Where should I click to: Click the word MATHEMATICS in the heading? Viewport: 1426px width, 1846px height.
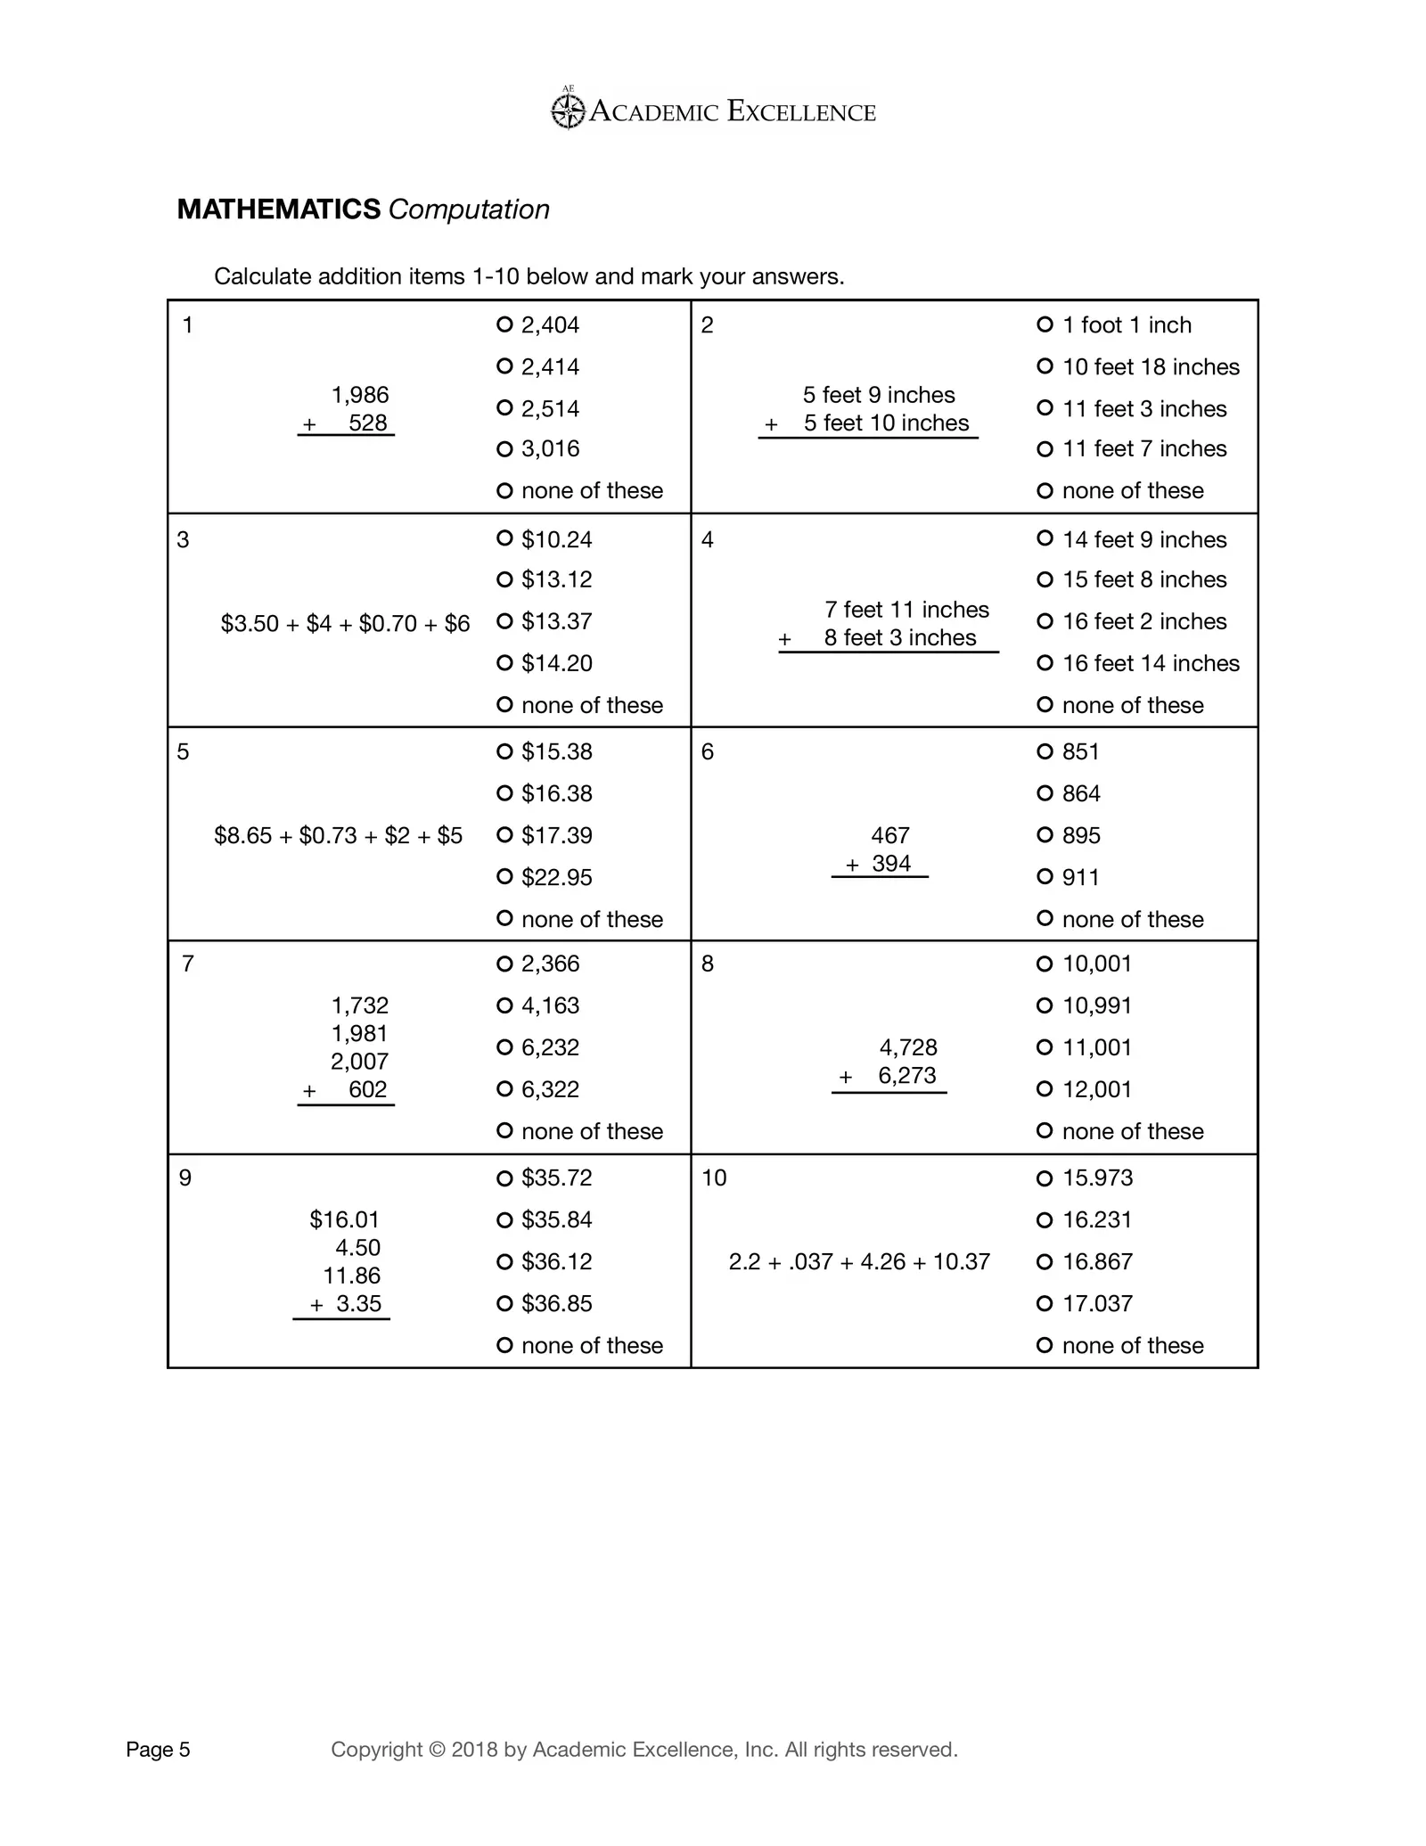(279, 209)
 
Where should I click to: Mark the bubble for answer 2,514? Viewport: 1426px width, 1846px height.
(504, 408)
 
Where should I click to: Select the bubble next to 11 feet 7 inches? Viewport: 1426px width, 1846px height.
(1045, 449)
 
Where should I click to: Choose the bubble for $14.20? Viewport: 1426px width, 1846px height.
(504, 663)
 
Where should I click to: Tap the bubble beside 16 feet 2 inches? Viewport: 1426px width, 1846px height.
(1045, 621)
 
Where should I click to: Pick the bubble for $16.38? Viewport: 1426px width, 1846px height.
(504, 793)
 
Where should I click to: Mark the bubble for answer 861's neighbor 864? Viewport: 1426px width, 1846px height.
(1045, 793)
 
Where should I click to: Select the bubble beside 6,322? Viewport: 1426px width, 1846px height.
(504, 1089)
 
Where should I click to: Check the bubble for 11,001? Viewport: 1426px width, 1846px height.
(1045, 1047)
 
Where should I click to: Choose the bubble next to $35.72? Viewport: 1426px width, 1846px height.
(504, 1178)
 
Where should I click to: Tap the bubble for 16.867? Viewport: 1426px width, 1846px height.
(1045, 1262)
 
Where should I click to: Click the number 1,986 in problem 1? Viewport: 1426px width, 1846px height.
(360, 395)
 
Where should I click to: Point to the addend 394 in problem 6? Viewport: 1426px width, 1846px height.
(891, 864)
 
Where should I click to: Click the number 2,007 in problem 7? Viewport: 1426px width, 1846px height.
(360, 1062)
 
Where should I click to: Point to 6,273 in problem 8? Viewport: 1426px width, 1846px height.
(907, 1076)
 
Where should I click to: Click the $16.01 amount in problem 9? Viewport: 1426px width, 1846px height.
(345, 1219)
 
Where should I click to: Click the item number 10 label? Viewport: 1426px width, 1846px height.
(714, 1178)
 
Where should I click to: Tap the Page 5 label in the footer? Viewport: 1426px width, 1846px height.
(158, 1750)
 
